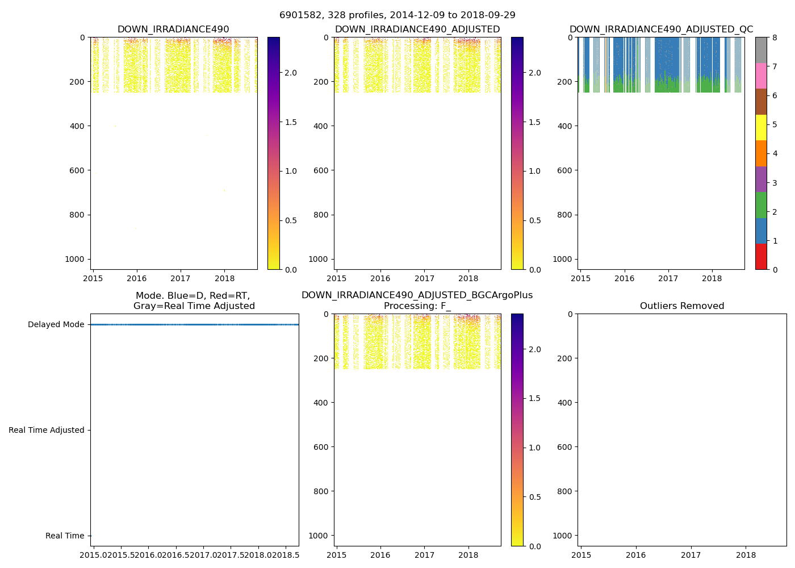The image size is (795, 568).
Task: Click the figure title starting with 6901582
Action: [397, 15]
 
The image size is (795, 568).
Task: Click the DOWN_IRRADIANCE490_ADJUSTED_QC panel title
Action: [661, 30]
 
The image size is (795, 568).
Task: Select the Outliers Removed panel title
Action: [682, 306]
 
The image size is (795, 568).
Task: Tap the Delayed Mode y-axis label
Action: [56, 325]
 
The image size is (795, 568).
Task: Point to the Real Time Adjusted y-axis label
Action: [47, 431]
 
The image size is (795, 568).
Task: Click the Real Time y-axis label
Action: [65, 536]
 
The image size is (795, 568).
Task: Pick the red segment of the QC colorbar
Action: [761, 256]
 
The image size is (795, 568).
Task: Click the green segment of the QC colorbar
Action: [761, 205]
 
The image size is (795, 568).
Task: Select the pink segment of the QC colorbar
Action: [761, 76]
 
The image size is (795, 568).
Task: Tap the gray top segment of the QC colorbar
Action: [761, 50]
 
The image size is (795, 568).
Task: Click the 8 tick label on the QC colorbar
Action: [774, 37]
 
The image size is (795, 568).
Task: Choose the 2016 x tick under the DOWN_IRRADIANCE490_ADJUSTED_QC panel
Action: [624, 278]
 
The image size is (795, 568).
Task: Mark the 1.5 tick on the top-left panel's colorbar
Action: [291, 122]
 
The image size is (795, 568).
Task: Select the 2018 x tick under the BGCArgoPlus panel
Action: [468, 555]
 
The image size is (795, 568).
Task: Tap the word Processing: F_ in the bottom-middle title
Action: [417, 306]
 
